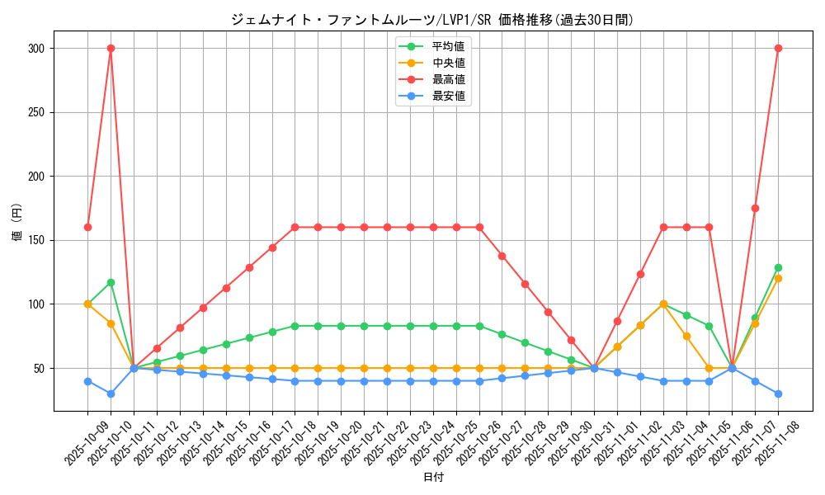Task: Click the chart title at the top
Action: click(x=433, y=20)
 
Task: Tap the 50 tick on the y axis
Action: click(x=37, y=368)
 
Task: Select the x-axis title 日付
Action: click(x=433, y=478)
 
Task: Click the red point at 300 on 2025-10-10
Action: click(x=111, y=48)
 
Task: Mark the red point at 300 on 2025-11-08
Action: click(x=778, y=48)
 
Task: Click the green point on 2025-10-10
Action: click(x=111, y=282)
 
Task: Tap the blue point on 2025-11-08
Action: click(x=778, y=394)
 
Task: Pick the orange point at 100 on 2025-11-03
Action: click(x=662, y=304)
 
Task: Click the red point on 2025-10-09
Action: click(x=87, y=227)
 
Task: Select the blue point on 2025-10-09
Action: click(x=87, y=381)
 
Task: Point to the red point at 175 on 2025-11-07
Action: click(x=755, y=208)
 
